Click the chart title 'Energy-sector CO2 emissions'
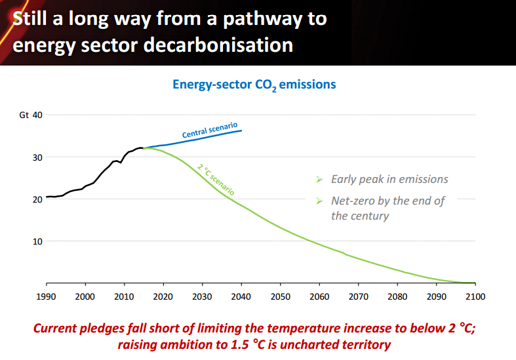(254, 85)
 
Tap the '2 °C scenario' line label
(216, 178)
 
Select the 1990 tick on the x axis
(47, 297)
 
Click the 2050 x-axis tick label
(280, 297)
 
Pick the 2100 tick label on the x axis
(475, 297)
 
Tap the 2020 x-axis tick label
(163, 297)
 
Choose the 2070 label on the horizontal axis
(358, 297)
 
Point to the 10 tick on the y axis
(37, 241)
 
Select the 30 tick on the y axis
(37, 157)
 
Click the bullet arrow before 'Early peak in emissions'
(319, 180)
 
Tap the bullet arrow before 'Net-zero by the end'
(319, 201)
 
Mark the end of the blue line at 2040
(241, 130)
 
